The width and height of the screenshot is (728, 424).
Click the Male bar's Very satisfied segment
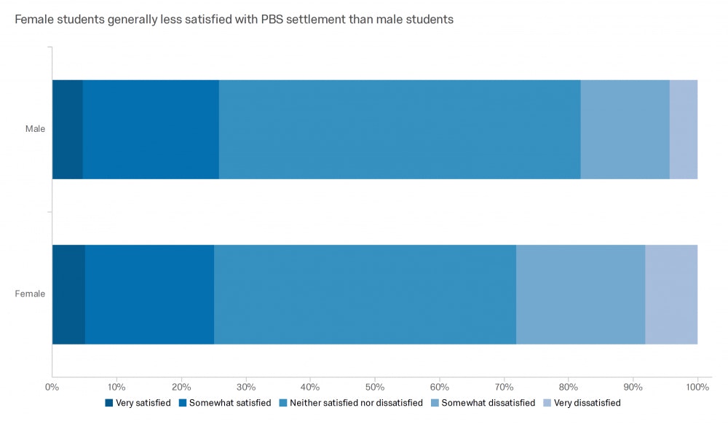[67, 129]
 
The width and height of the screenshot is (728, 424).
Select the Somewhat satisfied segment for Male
[151, 129]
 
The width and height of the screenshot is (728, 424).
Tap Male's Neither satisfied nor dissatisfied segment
[400, 129]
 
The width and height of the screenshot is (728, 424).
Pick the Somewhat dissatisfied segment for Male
[625, 129]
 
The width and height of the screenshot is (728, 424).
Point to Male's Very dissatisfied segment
[684, 129]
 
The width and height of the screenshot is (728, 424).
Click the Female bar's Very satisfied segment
[68, 294]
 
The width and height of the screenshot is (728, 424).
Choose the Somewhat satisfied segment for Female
[149, 294]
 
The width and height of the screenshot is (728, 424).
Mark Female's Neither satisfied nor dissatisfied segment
[365, 294]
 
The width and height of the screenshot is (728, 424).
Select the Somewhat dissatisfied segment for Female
[580, 294]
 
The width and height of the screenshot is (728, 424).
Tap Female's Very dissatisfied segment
[671, 294]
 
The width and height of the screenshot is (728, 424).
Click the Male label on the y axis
[35, 129]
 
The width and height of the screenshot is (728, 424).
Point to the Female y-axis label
[31, 294]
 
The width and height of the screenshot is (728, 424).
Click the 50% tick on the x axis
[375, 386]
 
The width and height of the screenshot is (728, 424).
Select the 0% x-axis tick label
[52, 386]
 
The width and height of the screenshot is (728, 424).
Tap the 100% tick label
[697, 386]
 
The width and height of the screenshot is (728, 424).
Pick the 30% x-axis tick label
[245, 386]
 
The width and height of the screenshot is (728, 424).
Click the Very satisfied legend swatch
[109, 403]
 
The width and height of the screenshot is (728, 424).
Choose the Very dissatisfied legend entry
[587, 403]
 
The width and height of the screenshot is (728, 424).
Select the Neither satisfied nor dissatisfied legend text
[356, 403]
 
